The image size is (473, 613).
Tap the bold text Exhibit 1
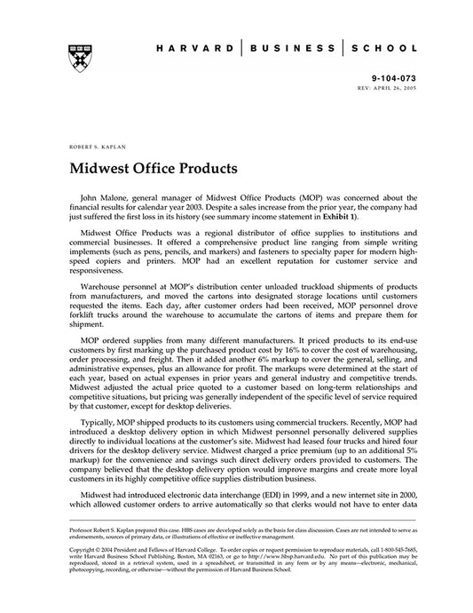point(338,217)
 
